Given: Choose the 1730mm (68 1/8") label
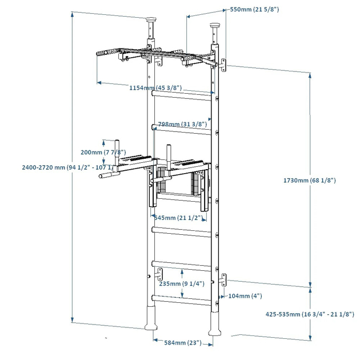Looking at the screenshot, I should pyautogui.click(x=309, y=180).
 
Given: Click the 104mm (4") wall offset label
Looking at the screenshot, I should pyautogui.click(x=245, y=296).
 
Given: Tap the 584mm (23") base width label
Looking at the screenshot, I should pyautogui.click(x=181, y=343).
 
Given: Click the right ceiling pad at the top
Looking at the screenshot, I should pyautogui.click(x=215, y=26).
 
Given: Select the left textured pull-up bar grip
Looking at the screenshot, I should pyautogui.click(x=106, y=53).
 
